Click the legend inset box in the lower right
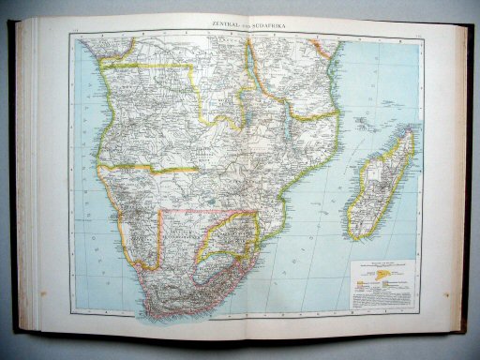[385, 276]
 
